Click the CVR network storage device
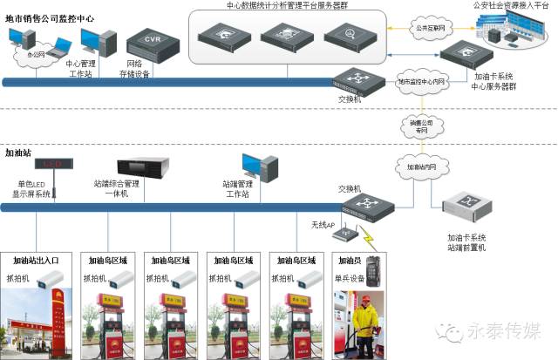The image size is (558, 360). tap(153, 43)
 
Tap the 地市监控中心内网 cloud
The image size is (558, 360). tap(421, 81)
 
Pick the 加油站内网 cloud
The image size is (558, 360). tap(421, 163)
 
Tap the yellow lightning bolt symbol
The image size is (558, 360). tap(371, 236)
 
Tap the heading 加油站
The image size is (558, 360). tap(19, 152)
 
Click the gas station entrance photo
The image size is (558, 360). tap(37, 323)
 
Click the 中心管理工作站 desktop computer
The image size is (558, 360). tap(99, 39)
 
